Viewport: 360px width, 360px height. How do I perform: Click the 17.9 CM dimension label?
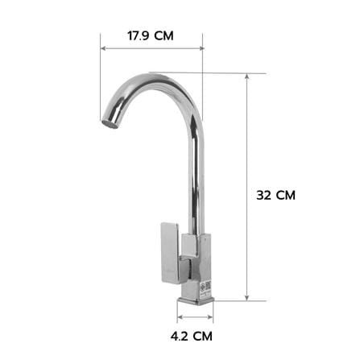coord(151,36)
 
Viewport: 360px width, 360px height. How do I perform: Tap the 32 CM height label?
coord(275,195)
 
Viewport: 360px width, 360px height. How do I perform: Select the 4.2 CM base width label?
coord(192,336)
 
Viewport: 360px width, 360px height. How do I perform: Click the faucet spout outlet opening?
coord(110,125)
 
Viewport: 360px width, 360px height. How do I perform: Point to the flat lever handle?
coord(170,253)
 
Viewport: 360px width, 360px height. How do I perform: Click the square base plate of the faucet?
coord(196,301)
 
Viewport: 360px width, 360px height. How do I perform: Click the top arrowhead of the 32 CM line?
coord(247,76)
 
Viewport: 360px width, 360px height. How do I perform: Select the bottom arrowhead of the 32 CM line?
coord(247,297)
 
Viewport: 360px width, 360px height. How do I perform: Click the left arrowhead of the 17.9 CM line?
coord(103,48)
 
